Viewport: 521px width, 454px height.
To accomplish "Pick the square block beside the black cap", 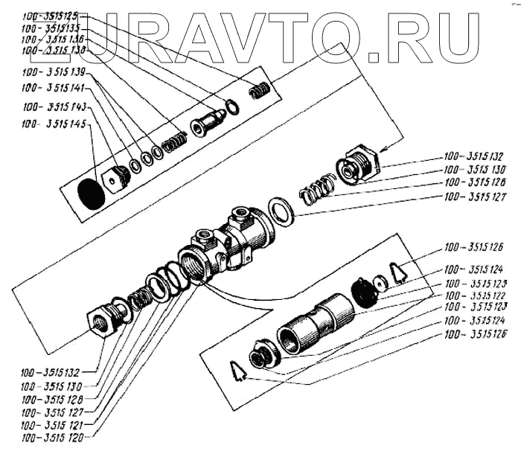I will point(117,179).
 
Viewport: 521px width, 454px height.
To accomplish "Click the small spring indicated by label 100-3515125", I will point(259,91).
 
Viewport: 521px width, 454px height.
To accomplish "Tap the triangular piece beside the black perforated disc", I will point(400,273).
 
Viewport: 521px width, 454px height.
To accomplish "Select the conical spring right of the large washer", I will point(316,191).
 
